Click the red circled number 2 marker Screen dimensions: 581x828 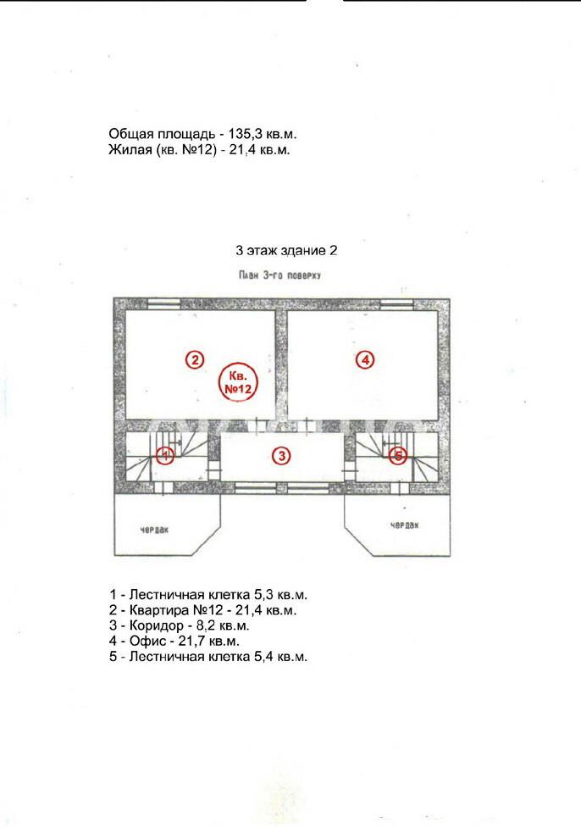tap(195, 360)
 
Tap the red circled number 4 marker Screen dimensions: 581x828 tap(365, 360)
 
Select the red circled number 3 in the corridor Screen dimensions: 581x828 tap(282, 455)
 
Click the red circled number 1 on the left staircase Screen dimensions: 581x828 tap(165, 455)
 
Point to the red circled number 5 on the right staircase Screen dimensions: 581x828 tap(398, 455)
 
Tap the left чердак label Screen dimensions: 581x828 tap(155, 530)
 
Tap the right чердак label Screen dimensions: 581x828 tap(405, 525)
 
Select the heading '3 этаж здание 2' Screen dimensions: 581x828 tap(286, 250)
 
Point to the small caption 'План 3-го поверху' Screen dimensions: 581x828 tap(279, 275)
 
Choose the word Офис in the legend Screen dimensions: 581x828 tap(146, 641)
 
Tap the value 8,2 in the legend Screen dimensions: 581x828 tap(204, 625)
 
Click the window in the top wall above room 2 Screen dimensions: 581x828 tap(163, 303)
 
